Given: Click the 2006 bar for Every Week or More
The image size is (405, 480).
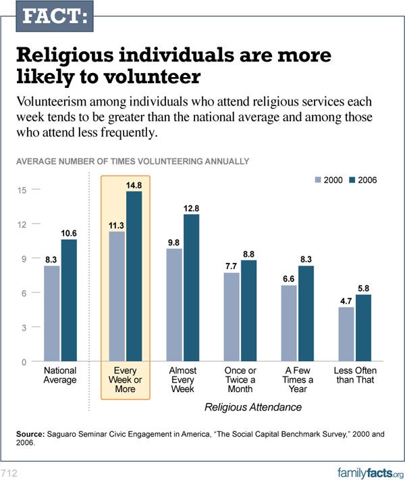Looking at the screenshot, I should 135,277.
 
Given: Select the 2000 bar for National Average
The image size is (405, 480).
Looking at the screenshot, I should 52,314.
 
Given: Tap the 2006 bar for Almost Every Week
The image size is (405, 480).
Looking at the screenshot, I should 192,288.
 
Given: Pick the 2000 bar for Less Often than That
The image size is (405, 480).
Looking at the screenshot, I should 346,334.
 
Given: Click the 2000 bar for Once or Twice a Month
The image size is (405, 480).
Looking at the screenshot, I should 232,317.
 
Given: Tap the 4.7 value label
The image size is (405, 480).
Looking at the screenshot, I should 346,302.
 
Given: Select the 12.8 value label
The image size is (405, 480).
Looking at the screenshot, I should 192,209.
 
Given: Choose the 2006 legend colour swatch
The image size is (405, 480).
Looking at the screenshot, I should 353,181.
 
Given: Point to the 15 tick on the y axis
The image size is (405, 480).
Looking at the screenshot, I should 22,190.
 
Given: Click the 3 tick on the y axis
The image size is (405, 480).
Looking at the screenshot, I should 24,327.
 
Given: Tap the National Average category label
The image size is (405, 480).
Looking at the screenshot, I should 59,375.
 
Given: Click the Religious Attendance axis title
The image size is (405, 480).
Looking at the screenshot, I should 252,408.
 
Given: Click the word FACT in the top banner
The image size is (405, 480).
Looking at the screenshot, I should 55,16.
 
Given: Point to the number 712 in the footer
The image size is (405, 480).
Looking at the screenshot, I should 9,471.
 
